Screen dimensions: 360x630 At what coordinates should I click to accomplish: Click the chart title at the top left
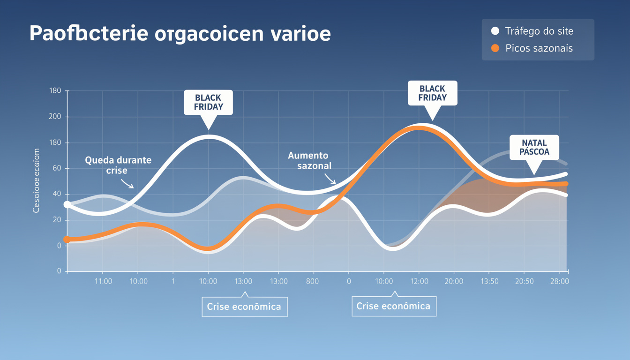pos(180,34)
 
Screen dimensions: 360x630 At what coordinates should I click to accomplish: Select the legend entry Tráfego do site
pos(539,31)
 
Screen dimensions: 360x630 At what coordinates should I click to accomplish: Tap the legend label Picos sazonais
pos(539,48)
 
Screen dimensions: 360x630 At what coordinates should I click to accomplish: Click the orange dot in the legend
pos(495,48)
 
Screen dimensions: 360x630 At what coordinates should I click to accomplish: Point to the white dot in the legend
pos(495,31)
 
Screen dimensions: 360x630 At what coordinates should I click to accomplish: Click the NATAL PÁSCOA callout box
pos(534,148)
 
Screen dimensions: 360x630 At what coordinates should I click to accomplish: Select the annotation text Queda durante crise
pos(118,165)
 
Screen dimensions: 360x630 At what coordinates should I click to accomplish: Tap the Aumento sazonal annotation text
pos(308,160)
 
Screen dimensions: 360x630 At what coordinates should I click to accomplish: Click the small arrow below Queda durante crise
pos(127,183)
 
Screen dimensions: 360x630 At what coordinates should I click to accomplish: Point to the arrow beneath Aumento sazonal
pos(330,180)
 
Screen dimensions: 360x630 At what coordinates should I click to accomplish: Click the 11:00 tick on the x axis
pos(103,281)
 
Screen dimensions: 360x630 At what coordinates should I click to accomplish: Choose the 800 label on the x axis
pos(312,281)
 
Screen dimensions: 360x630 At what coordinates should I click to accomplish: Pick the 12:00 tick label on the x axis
pos(419,281)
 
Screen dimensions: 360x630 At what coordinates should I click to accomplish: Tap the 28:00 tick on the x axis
pos(560,281)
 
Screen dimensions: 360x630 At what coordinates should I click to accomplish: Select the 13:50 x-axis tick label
pos(489,281)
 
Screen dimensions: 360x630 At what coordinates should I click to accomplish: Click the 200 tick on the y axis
pos(55,117)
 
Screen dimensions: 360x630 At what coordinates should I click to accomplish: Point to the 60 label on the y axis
pos(57,168)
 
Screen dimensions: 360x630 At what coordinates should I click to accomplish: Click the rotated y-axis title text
pos(37,180)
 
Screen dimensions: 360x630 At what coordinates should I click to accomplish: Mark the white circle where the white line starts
pos(67,204)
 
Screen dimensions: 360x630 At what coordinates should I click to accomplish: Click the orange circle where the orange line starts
pos(67,240)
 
